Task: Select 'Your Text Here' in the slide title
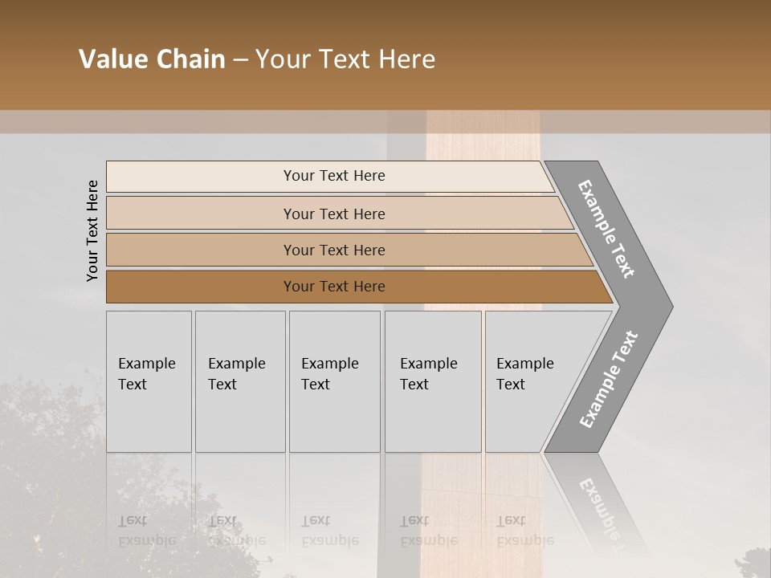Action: tap(345, 59)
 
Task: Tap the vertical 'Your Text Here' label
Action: tap(92, 231)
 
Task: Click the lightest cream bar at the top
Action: tap(333, 176)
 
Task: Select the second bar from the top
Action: tap(333, 214)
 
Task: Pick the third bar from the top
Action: tap(333, 250)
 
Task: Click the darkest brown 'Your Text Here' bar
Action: tap(333, 287)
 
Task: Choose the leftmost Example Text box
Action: tap(149, 381)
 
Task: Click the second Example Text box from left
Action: tap(239, 381)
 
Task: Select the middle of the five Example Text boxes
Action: tap(334, 381)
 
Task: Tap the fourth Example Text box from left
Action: tap(432, 381)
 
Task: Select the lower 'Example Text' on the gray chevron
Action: tap(608, 380)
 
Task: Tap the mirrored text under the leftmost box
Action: tap(146, 530)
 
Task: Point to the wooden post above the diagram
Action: tap(482, 136)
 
